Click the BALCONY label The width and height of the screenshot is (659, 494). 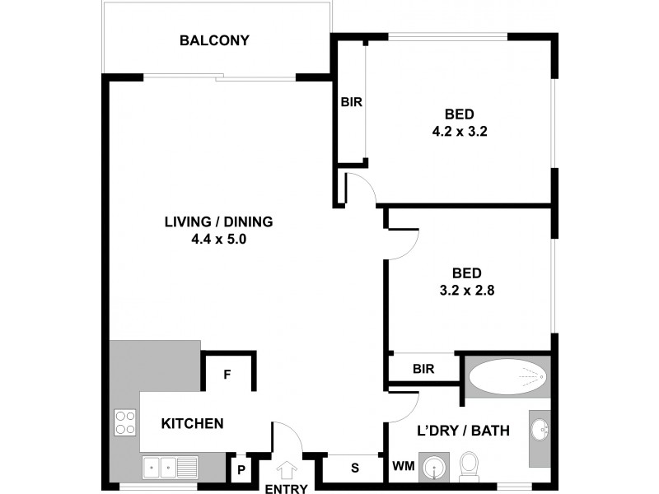click(215, 40)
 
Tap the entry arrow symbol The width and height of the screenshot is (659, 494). click(287, 471)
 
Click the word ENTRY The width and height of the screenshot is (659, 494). click(287, 488)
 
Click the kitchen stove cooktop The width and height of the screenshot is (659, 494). click(124, 422)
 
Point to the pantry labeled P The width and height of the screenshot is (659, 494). click(241, 470)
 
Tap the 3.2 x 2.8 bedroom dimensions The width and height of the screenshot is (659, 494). click(472, 289)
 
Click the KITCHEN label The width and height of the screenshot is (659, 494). click(192, 424)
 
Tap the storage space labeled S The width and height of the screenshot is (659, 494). click(355, 468)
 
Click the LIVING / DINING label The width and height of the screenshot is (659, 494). click(218, 221)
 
